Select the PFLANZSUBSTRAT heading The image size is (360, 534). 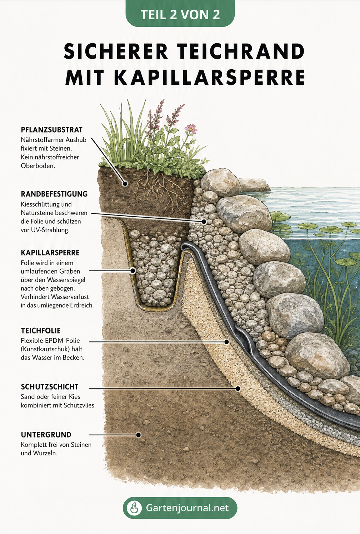point(51,130)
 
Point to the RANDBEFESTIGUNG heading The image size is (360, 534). point(54,194)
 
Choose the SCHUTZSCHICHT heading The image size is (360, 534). point(50,386)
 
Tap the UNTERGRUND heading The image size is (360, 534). point(46,435)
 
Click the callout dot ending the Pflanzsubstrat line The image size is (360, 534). point(125,184)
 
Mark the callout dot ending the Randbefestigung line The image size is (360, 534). point(204,222)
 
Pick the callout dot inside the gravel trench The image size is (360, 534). point(133,271)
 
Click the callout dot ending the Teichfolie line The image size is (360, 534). point(226,342)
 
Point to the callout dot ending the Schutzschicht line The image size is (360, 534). point(237,388)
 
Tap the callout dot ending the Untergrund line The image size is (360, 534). point(139,435)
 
